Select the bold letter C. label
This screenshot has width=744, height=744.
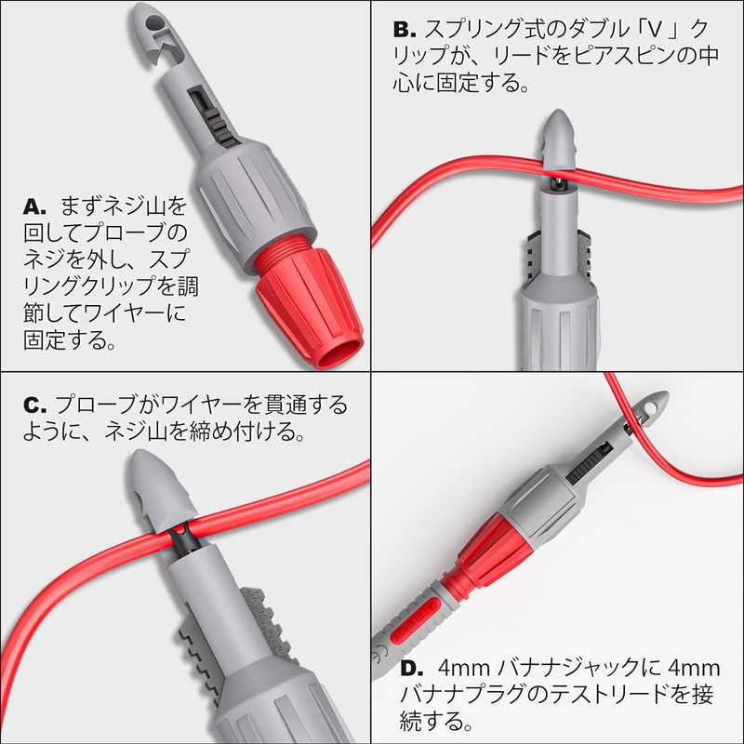pos(34,405)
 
